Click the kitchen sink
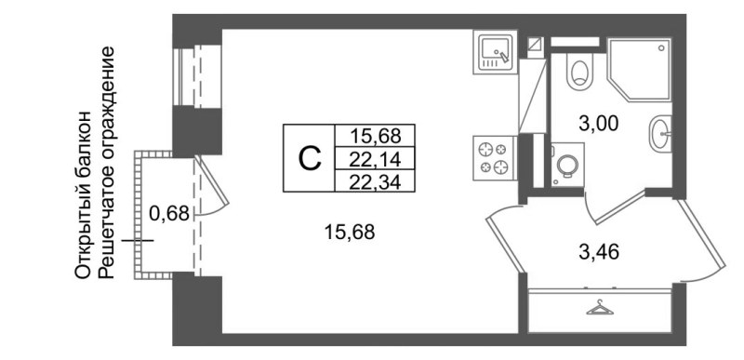494,50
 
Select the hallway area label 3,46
599,250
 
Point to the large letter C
309,158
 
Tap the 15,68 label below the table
352,233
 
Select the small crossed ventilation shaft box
534,42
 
